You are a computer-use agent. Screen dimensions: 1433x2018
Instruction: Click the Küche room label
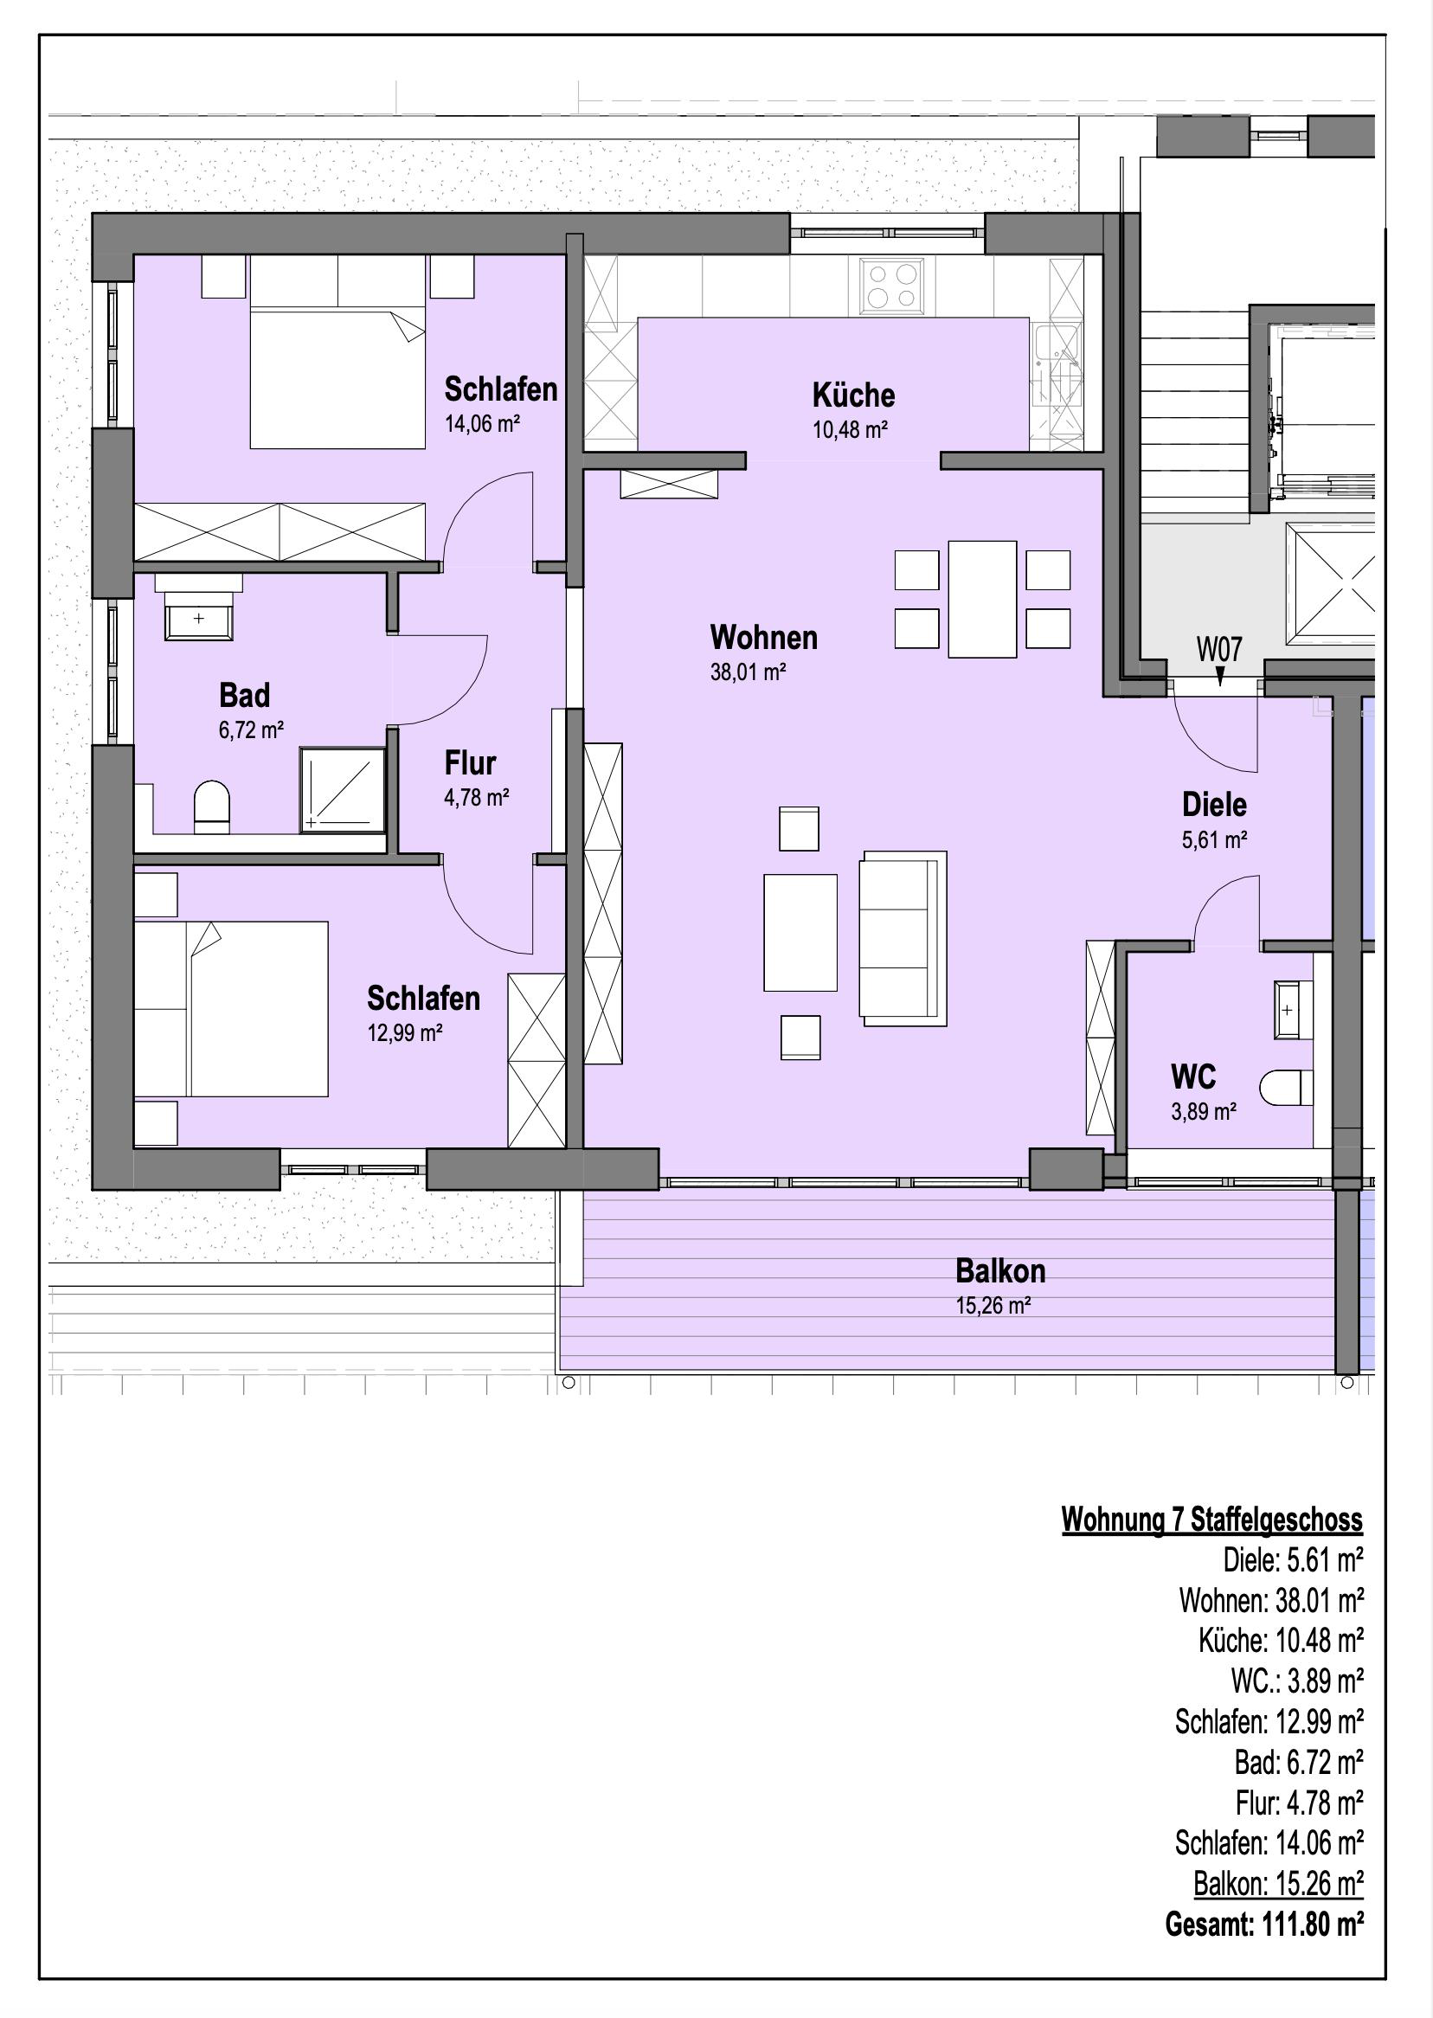853,395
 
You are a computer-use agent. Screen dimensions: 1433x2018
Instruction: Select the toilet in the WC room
1286,1087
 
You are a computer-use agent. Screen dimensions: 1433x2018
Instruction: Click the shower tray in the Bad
344,790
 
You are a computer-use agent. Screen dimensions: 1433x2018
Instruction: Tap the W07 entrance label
1219,651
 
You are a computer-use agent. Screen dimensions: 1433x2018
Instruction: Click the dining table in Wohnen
982,599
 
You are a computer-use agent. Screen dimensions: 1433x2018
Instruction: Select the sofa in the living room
903,938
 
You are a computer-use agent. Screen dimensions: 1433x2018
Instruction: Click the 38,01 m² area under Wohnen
749,672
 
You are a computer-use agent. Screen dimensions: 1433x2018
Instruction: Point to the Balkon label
999,1271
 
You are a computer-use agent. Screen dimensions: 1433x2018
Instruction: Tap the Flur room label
471,762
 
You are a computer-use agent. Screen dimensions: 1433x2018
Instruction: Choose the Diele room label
1214,805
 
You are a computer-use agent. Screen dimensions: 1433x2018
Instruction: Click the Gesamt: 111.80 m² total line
1264,1925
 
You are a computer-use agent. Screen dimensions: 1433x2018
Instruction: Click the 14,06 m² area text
482,424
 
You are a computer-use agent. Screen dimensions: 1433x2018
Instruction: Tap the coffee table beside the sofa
800,933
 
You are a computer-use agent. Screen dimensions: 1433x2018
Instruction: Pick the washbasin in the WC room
1293,1008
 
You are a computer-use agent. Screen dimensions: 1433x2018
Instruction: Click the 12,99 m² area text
405,1033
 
